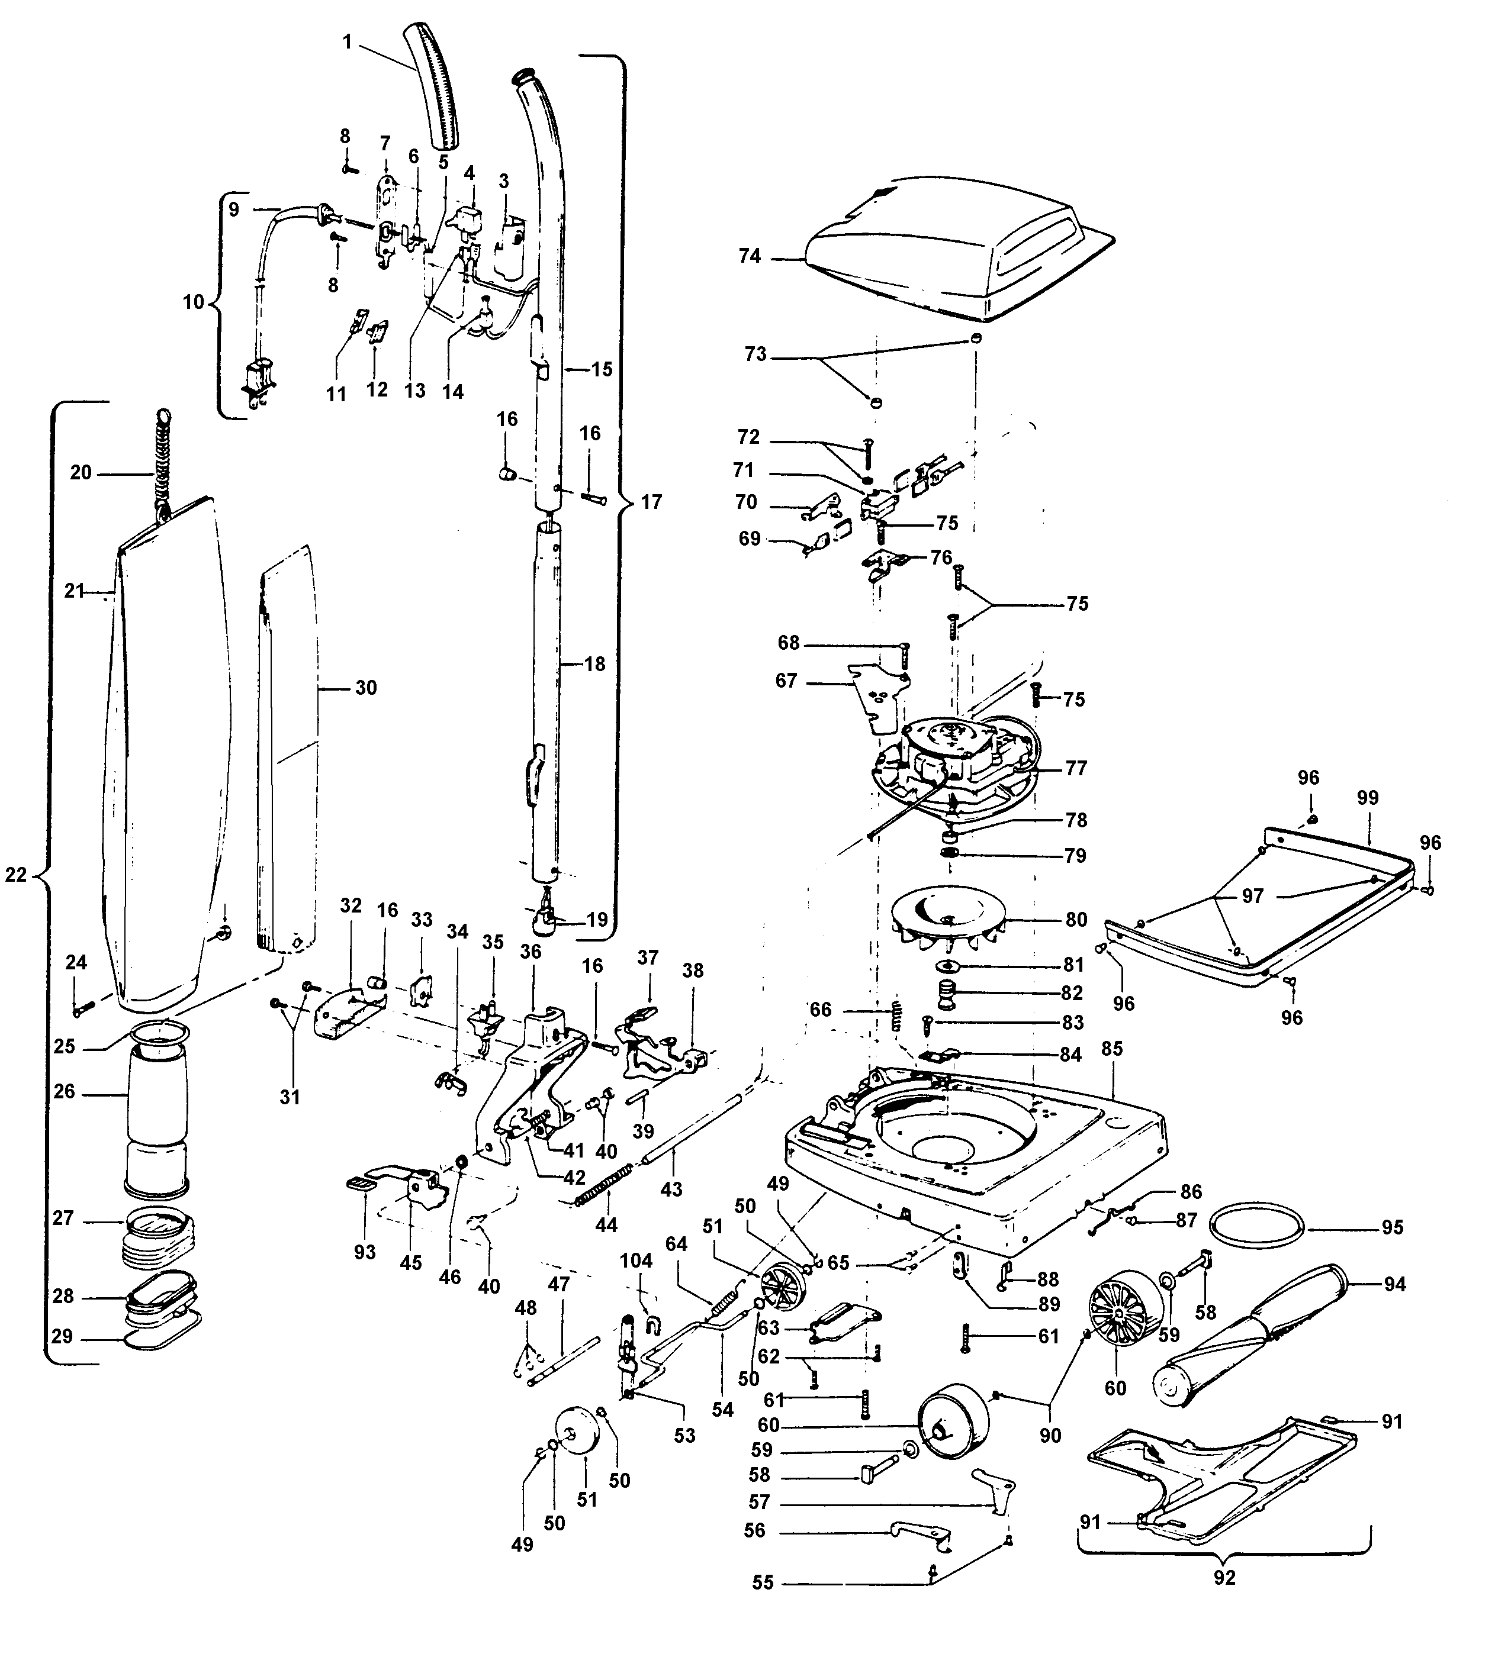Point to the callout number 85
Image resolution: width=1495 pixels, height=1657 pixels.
pyautogui.click(x=1111, y=1049)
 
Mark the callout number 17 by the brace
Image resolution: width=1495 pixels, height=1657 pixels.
pyautogui.click(x=651, y=502)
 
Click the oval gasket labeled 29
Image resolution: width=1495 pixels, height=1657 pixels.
pyautogui.click(x=160, y=1342)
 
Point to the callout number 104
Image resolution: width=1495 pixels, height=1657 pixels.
pyautogui.click(x=636, y=1261)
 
